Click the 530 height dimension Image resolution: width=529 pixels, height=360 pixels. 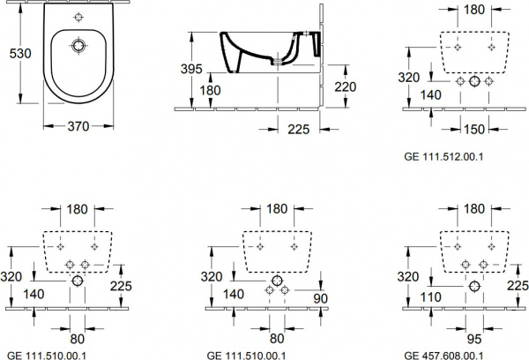pos(20,53)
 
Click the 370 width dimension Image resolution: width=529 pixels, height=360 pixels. pos(78,126)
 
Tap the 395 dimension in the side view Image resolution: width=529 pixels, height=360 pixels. pos(191,69)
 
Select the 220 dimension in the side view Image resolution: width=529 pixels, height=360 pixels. pos(346,86)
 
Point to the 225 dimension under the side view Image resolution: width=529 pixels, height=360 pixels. pos(299,129)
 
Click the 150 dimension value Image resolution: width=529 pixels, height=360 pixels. pos(474,129)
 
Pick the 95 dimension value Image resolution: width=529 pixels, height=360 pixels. pos(474,339)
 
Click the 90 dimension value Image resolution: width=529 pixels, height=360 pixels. pos(321,298)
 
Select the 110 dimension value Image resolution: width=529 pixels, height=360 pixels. pos(431,297)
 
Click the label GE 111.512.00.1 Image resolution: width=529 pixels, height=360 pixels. pos(443,157)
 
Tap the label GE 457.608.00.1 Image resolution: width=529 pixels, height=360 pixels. pos(443,356)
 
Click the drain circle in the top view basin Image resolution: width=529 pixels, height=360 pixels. pos(78,45)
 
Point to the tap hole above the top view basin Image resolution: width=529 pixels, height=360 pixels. pos(78,17)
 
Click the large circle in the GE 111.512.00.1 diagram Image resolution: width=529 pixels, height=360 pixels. pos(474,81)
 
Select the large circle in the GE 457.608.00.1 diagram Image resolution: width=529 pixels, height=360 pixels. pos(474,287)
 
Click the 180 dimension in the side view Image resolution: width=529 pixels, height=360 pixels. pos(210,91)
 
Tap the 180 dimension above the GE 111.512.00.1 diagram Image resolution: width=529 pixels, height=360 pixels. pos(474,10)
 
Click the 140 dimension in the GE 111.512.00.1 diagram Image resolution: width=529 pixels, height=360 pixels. pos(431,95)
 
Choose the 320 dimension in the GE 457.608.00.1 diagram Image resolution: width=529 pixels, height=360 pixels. pos(408,277)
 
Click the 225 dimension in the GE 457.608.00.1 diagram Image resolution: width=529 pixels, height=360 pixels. pos(518,286)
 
